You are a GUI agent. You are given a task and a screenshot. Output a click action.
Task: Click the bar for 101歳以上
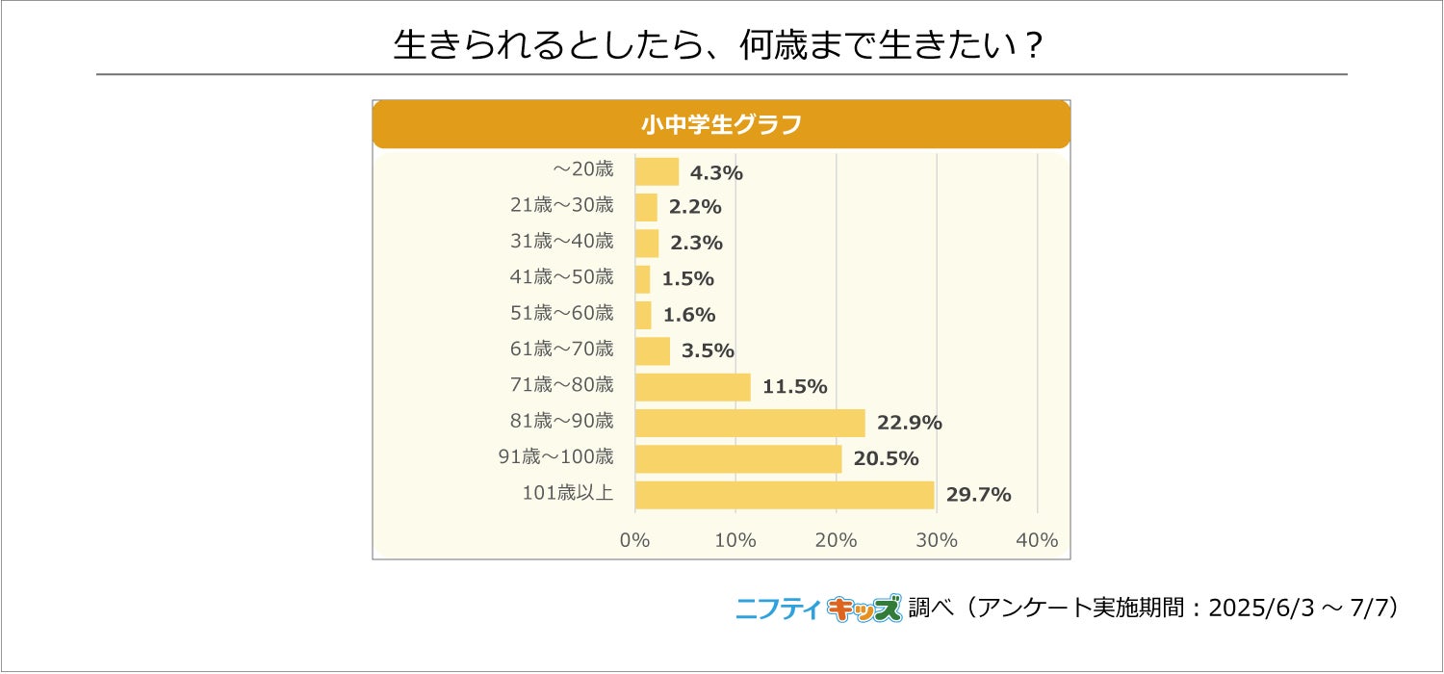[785, 495]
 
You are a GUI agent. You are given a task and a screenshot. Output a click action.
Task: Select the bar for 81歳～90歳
[750, 423]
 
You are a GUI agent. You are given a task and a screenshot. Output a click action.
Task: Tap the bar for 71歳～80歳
[693, 387]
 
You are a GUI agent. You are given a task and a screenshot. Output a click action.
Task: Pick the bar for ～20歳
[657, 171]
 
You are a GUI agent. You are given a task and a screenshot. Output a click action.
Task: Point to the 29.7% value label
[979, 495]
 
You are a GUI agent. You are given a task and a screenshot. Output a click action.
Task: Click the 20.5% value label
[886, 458]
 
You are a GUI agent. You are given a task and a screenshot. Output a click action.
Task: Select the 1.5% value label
[688, 279]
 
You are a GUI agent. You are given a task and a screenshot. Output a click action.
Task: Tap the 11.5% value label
[795, 387]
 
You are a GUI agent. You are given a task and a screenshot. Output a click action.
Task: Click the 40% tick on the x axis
[1037, 540]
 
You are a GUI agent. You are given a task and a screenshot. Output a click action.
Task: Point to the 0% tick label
[635, 540]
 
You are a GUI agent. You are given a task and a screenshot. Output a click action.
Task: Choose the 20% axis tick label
[837, 540]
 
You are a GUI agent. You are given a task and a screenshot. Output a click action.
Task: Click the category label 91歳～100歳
[555, 456]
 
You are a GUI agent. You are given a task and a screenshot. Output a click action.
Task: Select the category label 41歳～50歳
[561, 276]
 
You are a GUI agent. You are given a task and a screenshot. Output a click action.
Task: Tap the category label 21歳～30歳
[561, 205]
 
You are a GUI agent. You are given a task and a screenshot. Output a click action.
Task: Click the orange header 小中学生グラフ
[721, 124]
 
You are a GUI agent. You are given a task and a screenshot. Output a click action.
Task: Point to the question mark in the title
[1033, 45]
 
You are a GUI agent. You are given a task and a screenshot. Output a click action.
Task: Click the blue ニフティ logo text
[779, 609]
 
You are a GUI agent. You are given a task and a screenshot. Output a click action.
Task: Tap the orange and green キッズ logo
[864, 609]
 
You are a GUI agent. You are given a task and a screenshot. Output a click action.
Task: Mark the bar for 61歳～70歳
[653, 351]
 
